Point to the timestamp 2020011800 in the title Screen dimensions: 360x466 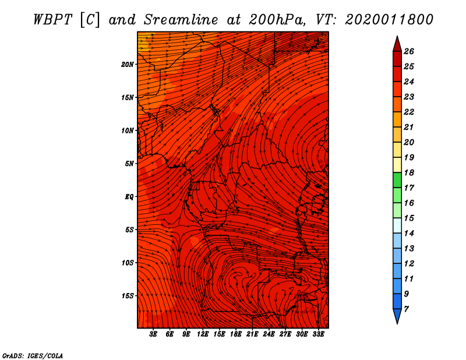pyautogui.click(x=389, y=19)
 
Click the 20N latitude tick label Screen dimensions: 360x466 pyautogui.click(x=128, y=64)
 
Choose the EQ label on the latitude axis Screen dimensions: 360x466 pyautogui.click(x=129, y=197)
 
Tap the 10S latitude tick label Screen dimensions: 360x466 pyautogui.click(x=128, y=263)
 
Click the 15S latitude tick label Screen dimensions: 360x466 pyautogui.click(x=128, y=296)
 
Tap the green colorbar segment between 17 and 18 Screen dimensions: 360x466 pyautogui.click(x=397, y=180)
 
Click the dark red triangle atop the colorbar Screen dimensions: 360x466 pyautogui.click(x=397, y=44)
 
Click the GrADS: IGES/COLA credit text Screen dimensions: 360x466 pyautogui.click(x=33, y=355)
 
